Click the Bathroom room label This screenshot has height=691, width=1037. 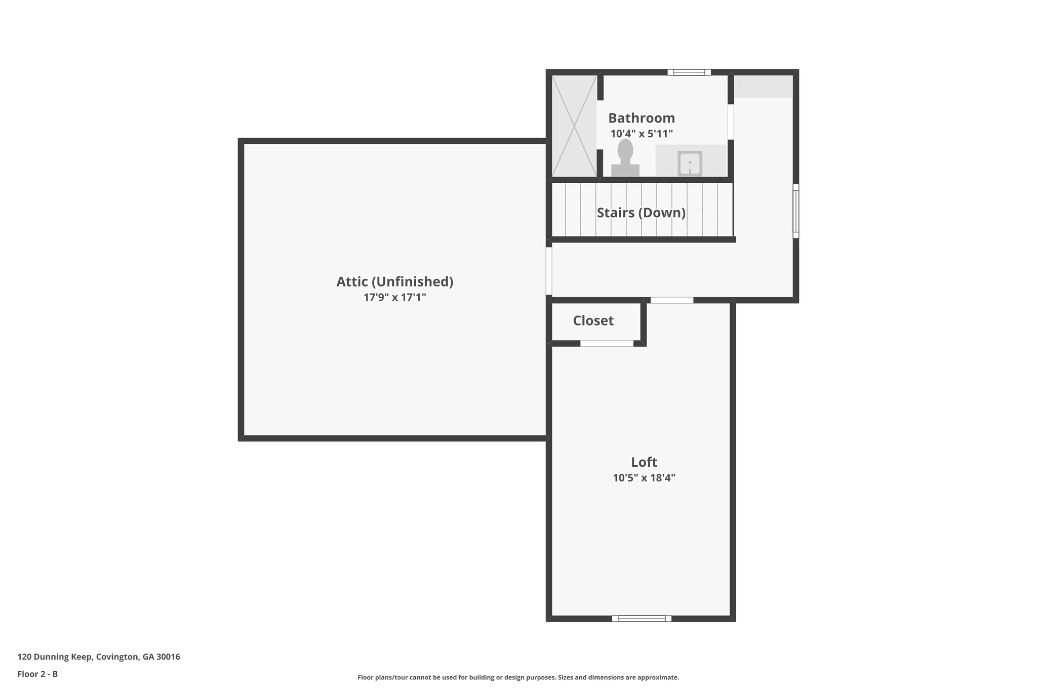click(641, 118)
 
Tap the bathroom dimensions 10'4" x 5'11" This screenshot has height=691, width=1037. click(641, 134)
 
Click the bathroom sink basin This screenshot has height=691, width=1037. click(689, 164)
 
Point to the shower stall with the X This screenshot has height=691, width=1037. click(574, 126)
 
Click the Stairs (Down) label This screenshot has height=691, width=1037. click(641, 213)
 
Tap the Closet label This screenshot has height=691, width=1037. click(593, 320)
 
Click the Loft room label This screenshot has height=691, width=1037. click(644, 462)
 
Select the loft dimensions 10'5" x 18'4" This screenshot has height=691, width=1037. click(644, 478)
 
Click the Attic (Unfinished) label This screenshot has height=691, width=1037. click(394, 281)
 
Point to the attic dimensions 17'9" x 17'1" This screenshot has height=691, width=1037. click(394, 297)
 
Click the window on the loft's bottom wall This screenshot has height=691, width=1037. click(641, 618)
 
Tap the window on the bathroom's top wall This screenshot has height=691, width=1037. click(689, 72)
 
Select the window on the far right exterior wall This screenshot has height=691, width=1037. click(795, 211)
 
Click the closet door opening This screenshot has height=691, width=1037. click(606, 343)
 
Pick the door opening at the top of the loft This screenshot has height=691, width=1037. click(671, 300)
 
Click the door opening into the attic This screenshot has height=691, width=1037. click(549, 271)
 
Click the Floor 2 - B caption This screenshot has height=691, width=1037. click(37, 674)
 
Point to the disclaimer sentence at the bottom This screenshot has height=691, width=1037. click(518, 677)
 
